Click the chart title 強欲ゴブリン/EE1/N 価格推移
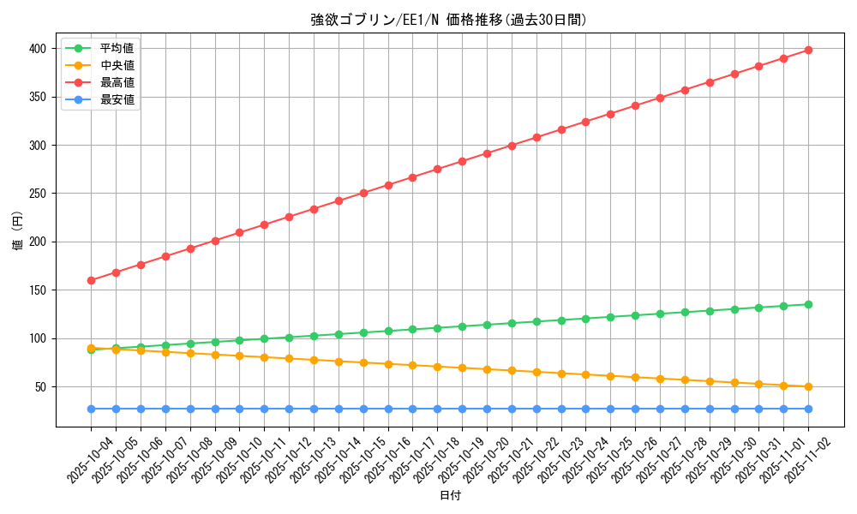(x=449, y=20)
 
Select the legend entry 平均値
(x=117, y=48)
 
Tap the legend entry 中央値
(x=117, y=65)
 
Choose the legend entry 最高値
(x=117, y=82)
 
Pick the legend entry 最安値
(x=117, y=99)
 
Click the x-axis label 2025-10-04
(x=91, y=460)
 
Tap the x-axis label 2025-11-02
(x=809, y=460)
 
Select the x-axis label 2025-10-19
(x=462, y=460)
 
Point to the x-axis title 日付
(x=450, y=496)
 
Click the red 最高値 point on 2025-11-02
(x=808, y=50)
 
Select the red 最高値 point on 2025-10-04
(x=91, y=280)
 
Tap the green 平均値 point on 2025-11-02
(x=808, y=304)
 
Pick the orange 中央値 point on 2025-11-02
(x=808, y=386)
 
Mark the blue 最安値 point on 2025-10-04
(x=91, y=409)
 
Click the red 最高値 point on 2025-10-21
(x=512, y=146)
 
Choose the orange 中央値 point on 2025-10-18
(x=437, y=367)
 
